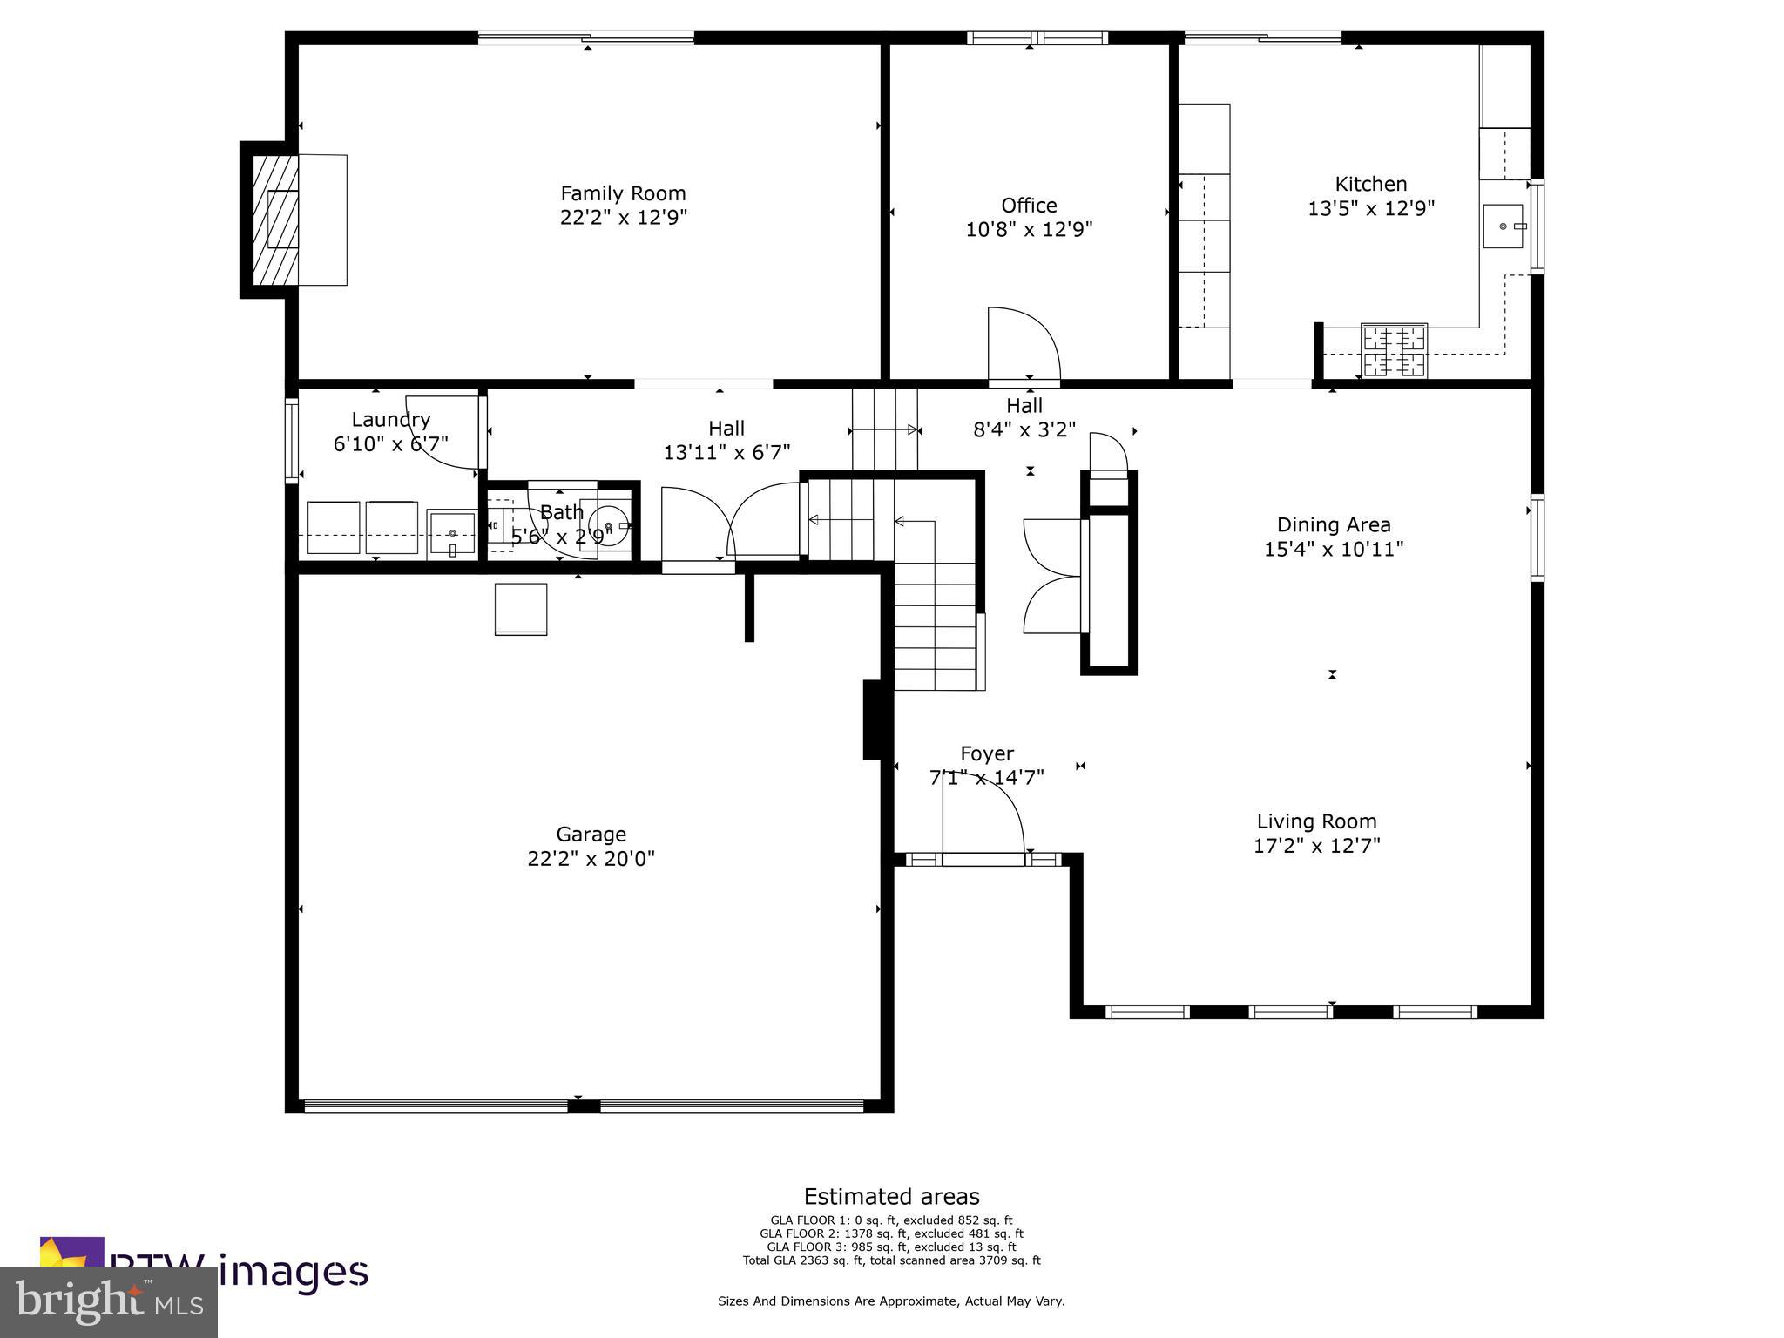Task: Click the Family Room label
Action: tap(623, 193)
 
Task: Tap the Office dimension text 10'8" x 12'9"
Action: tap(1029, 229)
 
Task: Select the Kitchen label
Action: tap(1371, 184)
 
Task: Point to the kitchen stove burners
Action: tap(1394, 350)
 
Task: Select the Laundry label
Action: tap(391, 420)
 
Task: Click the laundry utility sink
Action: tap(451, 533)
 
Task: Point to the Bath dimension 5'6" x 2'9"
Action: tap(561, 537)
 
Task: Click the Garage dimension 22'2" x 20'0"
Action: tap(591, 859)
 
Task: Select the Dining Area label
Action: tap(1334, 524)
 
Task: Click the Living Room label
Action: tap(1316, 821)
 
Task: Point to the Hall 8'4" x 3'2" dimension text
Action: tap(1024, 429)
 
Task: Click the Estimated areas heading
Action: tap(891, 1196)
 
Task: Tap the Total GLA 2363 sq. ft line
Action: tap(891, 1260)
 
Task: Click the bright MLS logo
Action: tap(109, 1301)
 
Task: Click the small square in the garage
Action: tap(521, 609)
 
